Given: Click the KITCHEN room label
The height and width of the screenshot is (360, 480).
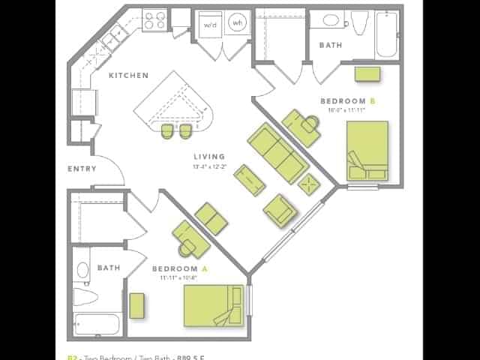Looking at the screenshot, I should (x=128, y=76).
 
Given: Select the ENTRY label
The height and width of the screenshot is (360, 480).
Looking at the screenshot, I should (x=82, y=169).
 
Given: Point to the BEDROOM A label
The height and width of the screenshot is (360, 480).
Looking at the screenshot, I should (x=175, y=268).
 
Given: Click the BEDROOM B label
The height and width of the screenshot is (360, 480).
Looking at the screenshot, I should (x=347, y=101).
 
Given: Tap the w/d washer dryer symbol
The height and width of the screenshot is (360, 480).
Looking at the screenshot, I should (x=209, y=23).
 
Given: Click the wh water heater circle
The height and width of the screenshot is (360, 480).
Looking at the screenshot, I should (x=237, y=23).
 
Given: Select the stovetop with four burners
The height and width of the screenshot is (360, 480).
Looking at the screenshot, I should (x=154, y=19).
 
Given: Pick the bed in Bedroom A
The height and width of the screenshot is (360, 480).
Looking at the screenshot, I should (x=214, y=305).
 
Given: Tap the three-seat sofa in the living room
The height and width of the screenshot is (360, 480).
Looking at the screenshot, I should (x=277, y=153).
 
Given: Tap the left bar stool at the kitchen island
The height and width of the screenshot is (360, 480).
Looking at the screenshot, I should (x=167, y=130).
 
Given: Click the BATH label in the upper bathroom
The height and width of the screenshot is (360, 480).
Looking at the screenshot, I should (x=330, y=45).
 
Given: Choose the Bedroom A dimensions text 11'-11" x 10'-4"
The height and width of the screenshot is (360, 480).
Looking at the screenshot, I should (x=178, y=277).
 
